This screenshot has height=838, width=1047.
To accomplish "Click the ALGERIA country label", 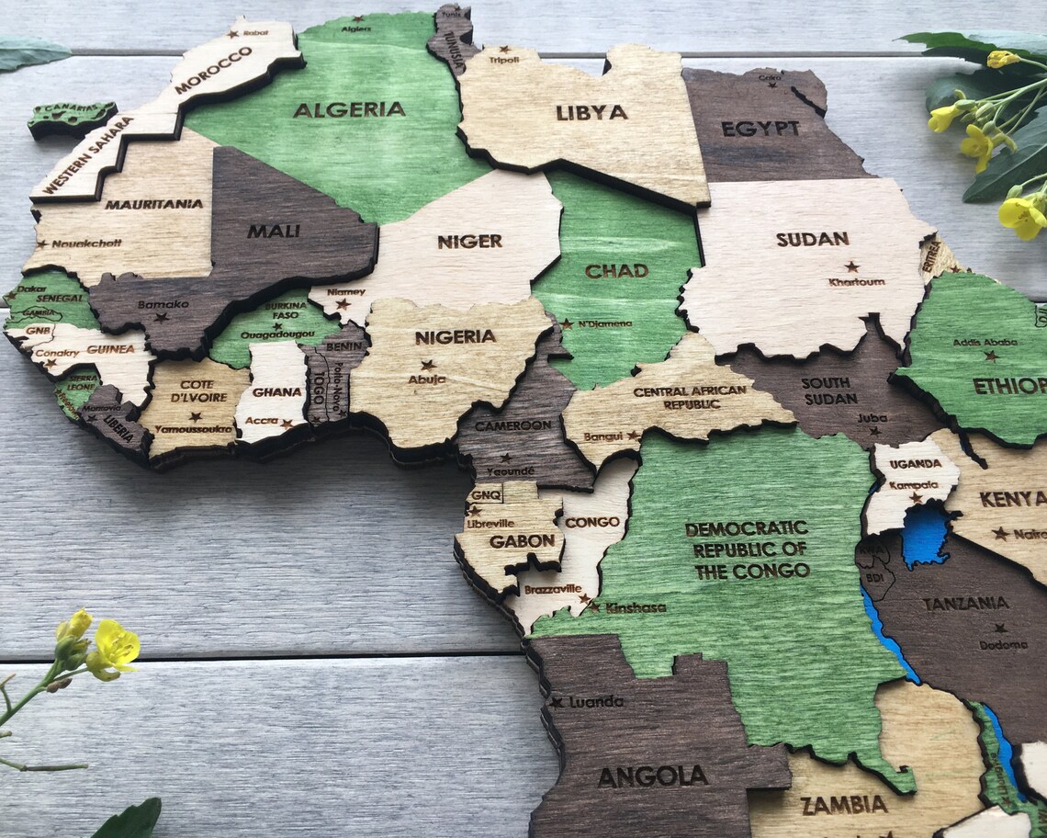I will coord(349,109).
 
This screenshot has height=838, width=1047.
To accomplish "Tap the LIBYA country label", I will coord(591,112).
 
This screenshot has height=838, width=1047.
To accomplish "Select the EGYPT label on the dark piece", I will coord(760,129).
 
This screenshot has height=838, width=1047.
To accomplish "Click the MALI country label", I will coord(273,231).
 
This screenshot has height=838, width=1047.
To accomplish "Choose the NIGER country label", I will coord(469,242).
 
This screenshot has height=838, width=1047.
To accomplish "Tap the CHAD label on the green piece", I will coord(616,271).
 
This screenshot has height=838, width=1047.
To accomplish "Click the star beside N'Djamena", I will coord(567,323).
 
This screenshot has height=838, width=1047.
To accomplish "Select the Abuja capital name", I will coord(427,379).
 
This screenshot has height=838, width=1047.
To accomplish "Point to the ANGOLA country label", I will coord(653,776).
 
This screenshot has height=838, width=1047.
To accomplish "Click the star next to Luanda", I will coord(557,702).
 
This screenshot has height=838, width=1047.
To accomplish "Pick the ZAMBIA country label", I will coord(844,805).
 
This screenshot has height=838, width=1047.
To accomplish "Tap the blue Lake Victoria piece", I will coord(925,535).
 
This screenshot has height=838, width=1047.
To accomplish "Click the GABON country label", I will coord(522,541).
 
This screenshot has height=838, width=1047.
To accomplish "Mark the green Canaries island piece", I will coord(71,117).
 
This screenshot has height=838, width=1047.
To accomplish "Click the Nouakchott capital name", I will coord(86,243).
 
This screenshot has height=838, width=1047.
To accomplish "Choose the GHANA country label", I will coord(276,392).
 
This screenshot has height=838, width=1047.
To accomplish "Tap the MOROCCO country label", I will coord(212,70).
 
